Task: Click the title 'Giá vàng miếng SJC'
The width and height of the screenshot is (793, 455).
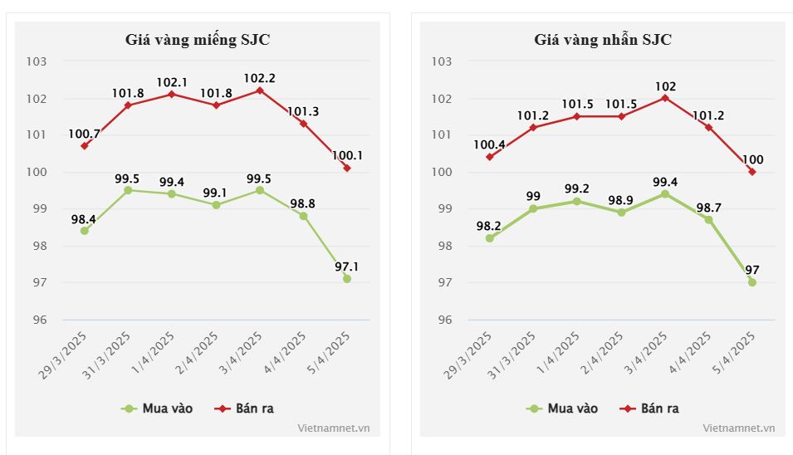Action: click(x=198, y=39)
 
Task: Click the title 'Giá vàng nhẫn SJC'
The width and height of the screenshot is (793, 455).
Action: click(x=603, y=39)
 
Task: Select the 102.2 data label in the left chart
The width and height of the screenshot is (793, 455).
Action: click(x=260, y=78)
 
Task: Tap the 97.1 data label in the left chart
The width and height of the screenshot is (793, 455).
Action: click(x=348, y=267)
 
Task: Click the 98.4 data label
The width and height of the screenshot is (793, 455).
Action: click(x=84, y=219)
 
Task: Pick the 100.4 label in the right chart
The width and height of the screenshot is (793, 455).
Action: click(x=489, y=145)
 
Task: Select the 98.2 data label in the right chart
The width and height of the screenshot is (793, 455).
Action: click(x=489, y=226)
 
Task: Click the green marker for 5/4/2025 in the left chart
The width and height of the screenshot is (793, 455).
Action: click(x=347, y=279)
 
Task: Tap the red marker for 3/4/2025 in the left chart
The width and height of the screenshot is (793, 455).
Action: click(x=260, y=91)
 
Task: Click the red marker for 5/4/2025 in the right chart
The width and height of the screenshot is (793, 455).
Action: click(x=752, y=172)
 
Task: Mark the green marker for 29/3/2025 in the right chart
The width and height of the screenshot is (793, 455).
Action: click(x=490, y=238)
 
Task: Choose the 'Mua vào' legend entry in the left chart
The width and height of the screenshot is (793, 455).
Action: click(x=159, y=409)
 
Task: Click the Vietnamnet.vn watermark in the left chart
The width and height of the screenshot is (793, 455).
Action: click(x=334, y=428)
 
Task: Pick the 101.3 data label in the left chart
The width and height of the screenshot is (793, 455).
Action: click(x=304, y=111)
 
